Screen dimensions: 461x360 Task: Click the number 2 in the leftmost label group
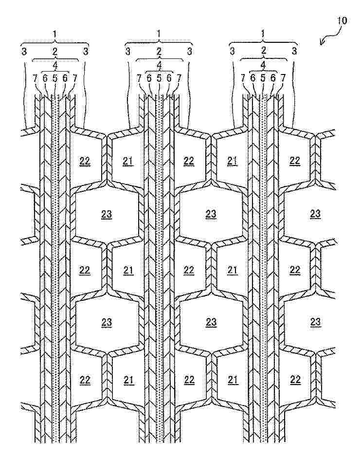point(54,50)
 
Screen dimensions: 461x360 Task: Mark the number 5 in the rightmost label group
point(263,77)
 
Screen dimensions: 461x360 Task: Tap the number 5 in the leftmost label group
point(54,77)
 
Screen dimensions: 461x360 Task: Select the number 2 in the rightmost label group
point(263,50)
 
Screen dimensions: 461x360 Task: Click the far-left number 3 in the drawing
point(23,50)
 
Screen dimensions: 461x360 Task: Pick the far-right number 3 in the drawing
point(294,50)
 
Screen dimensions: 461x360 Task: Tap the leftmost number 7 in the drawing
point(35,77)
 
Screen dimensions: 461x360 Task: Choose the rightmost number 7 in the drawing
point(284,77)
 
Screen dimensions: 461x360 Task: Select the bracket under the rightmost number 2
point(263,59)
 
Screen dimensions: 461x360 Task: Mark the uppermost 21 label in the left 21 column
point(128,161)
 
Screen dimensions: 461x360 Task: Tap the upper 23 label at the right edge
point(315,213)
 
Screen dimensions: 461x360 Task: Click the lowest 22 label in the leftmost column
point(85,380)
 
